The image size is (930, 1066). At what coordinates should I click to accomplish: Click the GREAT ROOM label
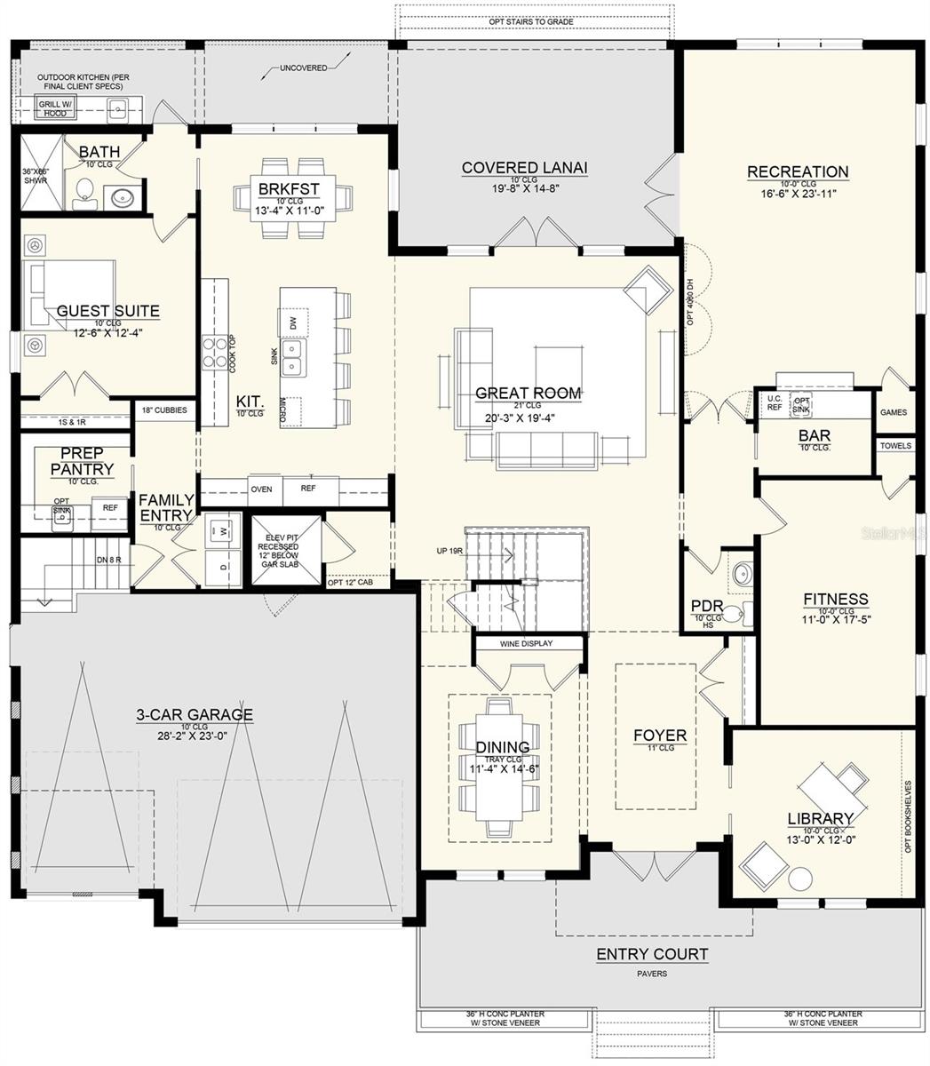(528, 393)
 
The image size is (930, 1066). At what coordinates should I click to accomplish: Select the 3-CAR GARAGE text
(194, 714)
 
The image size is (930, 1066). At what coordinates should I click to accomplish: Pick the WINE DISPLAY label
(526, 643)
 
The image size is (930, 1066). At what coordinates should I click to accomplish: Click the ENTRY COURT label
(652, 955)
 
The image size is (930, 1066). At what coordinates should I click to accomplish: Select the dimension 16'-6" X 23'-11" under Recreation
(798, 193)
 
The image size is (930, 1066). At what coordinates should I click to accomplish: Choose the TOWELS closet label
(895, 446)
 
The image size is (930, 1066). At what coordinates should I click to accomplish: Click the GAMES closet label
(893, 412)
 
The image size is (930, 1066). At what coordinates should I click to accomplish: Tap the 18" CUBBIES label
(164, 410)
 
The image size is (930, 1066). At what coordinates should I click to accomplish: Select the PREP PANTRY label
(82, 461)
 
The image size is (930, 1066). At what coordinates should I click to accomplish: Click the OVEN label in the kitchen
(261, 489)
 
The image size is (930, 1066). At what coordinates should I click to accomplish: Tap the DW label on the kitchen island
(292, 321)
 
